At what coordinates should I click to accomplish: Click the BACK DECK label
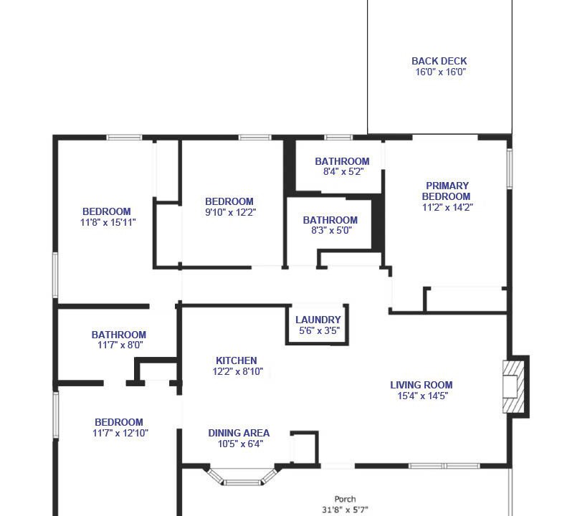[439, 61]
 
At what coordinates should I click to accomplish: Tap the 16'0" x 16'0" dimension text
[440, 72]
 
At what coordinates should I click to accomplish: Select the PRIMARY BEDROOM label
[447, 191]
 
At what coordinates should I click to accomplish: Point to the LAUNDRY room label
[318, 320]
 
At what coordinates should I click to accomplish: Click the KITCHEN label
[236, 360]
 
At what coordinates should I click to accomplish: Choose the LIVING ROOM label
[421, 385]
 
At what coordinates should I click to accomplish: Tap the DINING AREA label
[239, 433]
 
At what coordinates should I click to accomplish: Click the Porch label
[345, 499]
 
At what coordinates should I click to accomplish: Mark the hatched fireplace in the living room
[513, 387]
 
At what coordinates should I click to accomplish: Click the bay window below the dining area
[242, 476]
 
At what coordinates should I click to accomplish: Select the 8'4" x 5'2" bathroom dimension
[343, 171]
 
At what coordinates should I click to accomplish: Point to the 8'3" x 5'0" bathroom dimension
[331, 230]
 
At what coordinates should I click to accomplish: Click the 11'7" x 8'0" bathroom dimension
[120, 345]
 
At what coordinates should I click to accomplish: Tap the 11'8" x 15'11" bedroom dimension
[108, 222]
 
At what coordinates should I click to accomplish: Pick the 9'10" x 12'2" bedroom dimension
[230, 212]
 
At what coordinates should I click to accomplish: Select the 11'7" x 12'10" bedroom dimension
[120, 433]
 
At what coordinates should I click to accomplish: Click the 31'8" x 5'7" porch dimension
[345, 510]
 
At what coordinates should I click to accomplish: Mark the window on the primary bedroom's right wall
[510, 168]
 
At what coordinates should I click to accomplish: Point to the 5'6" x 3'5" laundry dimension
[319, 330]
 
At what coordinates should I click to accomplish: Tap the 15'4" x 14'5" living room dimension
[423, 396]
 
